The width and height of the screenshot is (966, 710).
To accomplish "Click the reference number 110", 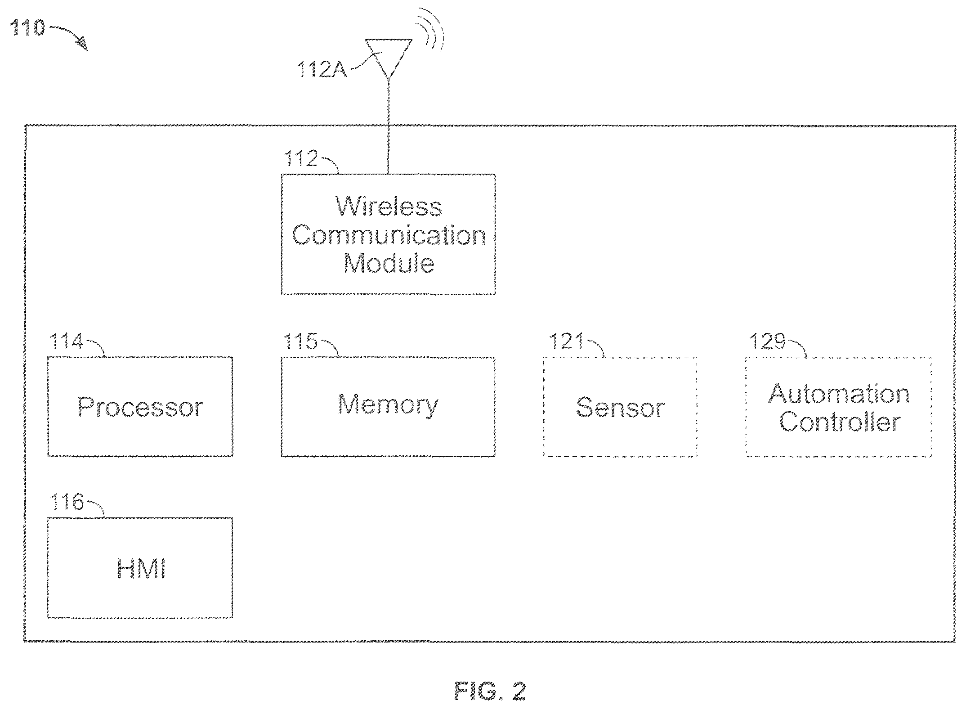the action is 27,28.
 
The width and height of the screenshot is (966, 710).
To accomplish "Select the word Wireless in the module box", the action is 389,207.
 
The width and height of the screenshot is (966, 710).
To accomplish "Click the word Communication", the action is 389,235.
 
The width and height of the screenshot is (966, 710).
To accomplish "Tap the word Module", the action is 389,263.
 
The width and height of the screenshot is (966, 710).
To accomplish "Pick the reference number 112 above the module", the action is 300,158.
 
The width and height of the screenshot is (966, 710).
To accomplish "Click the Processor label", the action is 140,407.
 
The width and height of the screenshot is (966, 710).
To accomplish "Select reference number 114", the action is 66,342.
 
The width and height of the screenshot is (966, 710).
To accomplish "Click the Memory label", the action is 388,404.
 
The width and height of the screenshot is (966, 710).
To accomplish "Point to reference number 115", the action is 300,342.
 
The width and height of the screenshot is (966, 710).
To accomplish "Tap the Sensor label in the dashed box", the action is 620,407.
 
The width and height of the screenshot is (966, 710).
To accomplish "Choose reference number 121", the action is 566,342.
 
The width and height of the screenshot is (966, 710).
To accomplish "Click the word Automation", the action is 839,394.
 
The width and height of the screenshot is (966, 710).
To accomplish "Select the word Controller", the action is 840,422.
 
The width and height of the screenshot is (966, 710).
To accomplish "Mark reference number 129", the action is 767,342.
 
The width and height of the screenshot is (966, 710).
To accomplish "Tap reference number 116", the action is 66,502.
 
